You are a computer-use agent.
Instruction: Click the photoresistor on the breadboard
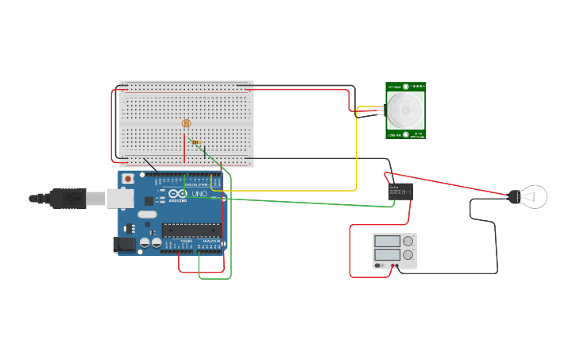coord(187,123)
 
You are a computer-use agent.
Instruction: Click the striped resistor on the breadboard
coord(195,143)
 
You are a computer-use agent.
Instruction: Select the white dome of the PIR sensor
coord(405,109)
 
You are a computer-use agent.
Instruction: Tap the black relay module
coord(400,191)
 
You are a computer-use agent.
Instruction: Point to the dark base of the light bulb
coord(514,196)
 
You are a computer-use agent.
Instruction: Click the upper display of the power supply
coord(387,241)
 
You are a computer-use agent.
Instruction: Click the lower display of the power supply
coord(387,256)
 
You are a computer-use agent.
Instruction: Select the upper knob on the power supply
coord(408,241)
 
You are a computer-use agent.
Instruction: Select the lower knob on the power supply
coord(408,256)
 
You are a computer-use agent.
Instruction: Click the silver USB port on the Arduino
coord(120,198)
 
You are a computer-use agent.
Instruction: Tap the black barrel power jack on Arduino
coord(124,246)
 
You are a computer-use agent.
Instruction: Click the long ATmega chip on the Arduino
coord(191,230)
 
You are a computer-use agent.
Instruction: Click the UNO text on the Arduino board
coord(199,194)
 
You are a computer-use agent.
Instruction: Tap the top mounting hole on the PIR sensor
coord(405,87)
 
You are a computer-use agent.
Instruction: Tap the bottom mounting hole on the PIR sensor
coord(405,134)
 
